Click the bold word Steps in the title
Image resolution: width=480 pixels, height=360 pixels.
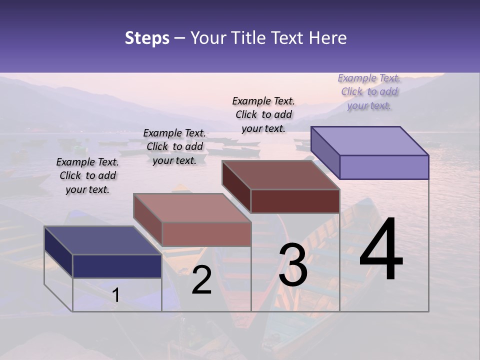pyautogui.click(x=147, y=38)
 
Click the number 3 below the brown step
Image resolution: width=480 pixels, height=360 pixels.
pyautogui.click(x=293, y=265)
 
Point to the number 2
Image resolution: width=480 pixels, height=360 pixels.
pyautogui.click(x=201, y=280)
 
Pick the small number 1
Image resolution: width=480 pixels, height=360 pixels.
pyautogui.click(x=116, y=295)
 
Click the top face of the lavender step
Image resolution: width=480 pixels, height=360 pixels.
pyautogui.click(x=370, y=140)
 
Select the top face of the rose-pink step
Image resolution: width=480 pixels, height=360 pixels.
pyautogui.click(x=192, y=208)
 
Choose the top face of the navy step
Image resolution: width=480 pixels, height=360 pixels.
pyautogui.click(x=103, y=240)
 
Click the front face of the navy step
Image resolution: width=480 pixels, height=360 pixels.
pyautogui.click(x=117, y=266)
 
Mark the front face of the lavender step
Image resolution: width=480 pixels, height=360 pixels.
pyautogui.click(x=384, y=167)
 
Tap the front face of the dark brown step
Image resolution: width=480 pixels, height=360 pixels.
pyautogui.click(x=295, y=201)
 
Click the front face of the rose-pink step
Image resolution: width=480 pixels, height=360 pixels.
pyautogui.click(x=206, y=234)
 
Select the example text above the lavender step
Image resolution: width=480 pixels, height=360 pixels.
pyautogui.click(x=369, y=92)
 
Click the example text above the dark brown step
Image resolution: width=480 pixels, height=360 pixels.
pyautogui.click(x=263, y=114)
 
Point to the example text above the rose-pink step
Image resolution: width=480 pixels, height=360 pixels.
pyautogui.click(x=174, y=146)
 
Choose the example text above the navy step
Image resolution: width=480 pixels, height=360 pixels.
pyautogui.click(x=87, y=175)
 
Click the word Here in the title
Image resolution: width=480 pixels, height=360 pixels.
pyautogui.click(x=327, y=38)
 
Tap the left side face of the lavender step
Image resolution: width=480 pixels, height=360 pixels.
pyautogui.click(x=325, y=152)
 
